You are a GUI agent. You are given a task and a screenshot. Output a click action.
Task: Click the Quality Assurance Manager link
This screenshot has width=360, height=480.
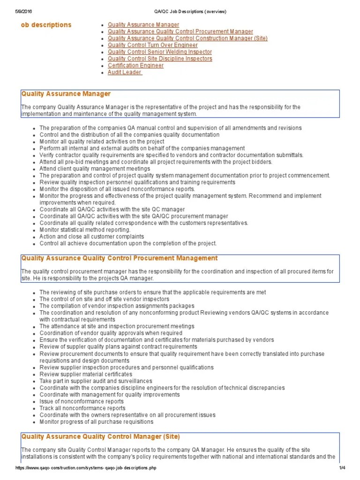pos(143,25)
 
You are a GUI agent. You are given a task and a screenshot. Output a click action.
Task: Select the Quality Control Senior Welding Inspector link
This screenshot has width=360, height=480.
pos(159,52)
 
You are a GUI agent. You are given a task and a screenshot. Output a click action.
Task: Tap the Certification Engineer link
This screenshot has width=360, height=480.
pos(135,66)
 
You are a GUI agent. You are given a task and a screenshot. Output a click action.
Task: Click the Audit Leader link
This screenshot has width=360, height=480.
pos(125,73)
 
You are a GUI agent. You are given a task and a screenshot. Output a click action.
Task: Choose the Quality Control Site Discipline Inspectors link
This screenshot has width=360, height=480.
pos(160,59)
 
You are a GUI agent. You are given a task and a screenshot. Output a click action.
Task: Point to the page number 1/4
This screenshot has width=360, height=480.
pos(342,468)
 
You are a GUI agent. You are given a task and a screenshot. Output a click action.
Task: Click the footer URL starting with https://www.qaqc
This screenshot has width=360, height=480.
pos(86,468)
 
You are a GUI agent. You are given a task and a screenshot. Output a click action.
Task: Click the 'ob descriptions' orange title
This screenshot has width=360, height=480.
pos(46,25)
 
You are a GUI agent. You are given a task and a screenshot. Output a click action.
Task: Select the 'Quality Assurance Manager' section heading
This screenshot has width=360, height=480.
pos(66,94)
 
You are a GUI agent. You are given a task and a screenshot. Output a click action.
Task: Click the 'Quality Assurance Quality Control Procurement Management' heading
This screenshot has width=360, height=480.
pos(120,258)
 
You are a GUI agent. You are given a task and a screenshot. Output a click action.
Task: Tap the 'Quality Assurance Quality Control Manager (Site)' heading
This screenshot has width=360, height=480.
pos(100,437)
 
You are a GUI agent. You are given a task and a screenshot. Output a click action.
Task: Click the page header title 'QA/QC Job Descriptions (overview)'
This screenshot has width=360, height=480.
pos(180,12)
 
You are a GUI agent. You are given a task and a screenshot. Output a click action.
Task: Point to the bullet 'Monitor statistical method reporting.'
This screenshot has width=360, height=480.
pos(85,230)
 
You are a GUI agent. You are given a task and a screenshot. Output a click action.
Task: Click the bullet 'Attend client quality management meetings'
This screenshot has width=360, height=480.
pos(95,169)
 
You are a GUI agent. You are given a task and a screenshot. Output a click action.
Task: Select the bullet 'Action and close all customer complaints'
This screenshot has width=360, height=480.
pos(91,237)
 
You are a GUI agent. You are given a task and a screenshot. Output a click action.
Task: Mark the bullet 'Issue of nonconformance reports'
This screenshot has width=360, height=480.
pos(82,402)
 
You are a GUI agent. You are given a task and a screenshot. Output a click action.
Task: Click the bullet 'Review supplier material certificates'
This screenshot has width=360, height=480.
pos(86,375)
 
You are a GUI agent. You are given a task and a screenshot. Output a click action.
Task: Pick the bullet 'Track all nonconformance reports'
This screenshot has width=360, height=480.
pos(82,408)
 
